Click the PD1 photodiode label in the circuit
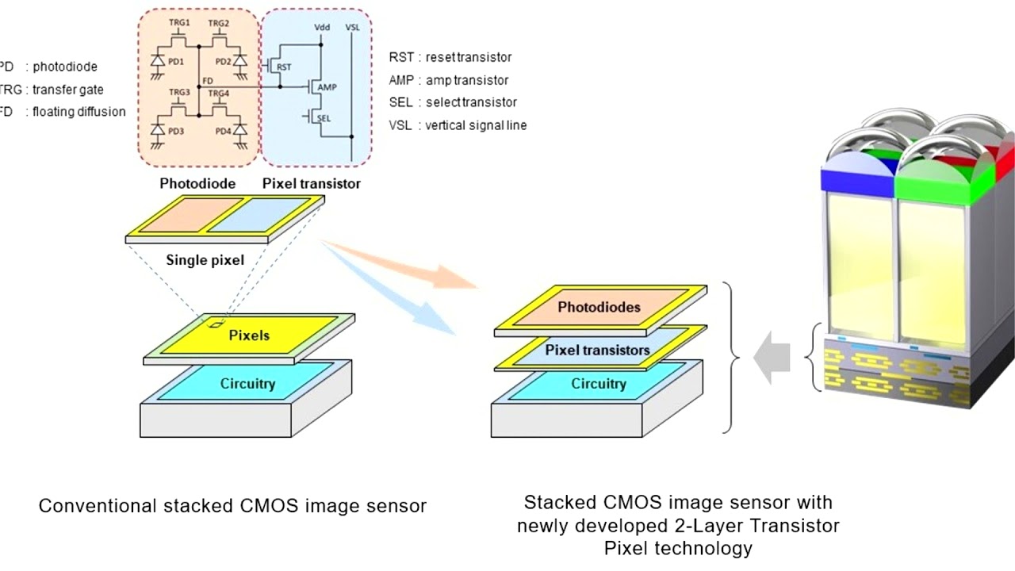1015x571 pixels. (x=175, y=61)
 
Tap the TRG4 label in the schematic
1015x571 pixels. (x=220, y=92)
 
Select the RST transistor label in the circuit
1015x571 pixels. (x=285, y=68)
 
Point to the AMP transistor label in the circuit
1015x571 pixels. (x=327, y=87)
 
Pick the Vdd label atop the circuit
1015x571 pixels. (x=322, y=27)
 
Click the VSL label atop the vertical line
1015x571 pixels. (x=353, y=27)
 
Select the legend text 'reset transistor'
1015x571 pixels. (x=469, y=57)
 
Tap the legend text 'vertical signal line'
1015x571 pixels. (x=476, y=125)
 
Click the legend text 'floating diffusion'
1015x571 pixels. (x=79, y=112)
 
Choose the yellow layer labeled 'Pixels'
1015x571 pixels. (x=249, y=335)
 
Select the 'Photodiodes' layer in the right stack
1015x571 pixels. (x=599, y=307)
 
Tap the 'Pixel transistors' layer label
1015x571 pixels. (x=597, y=350)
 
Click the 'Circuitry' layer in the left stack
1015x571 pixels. (x=247, y=384)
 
